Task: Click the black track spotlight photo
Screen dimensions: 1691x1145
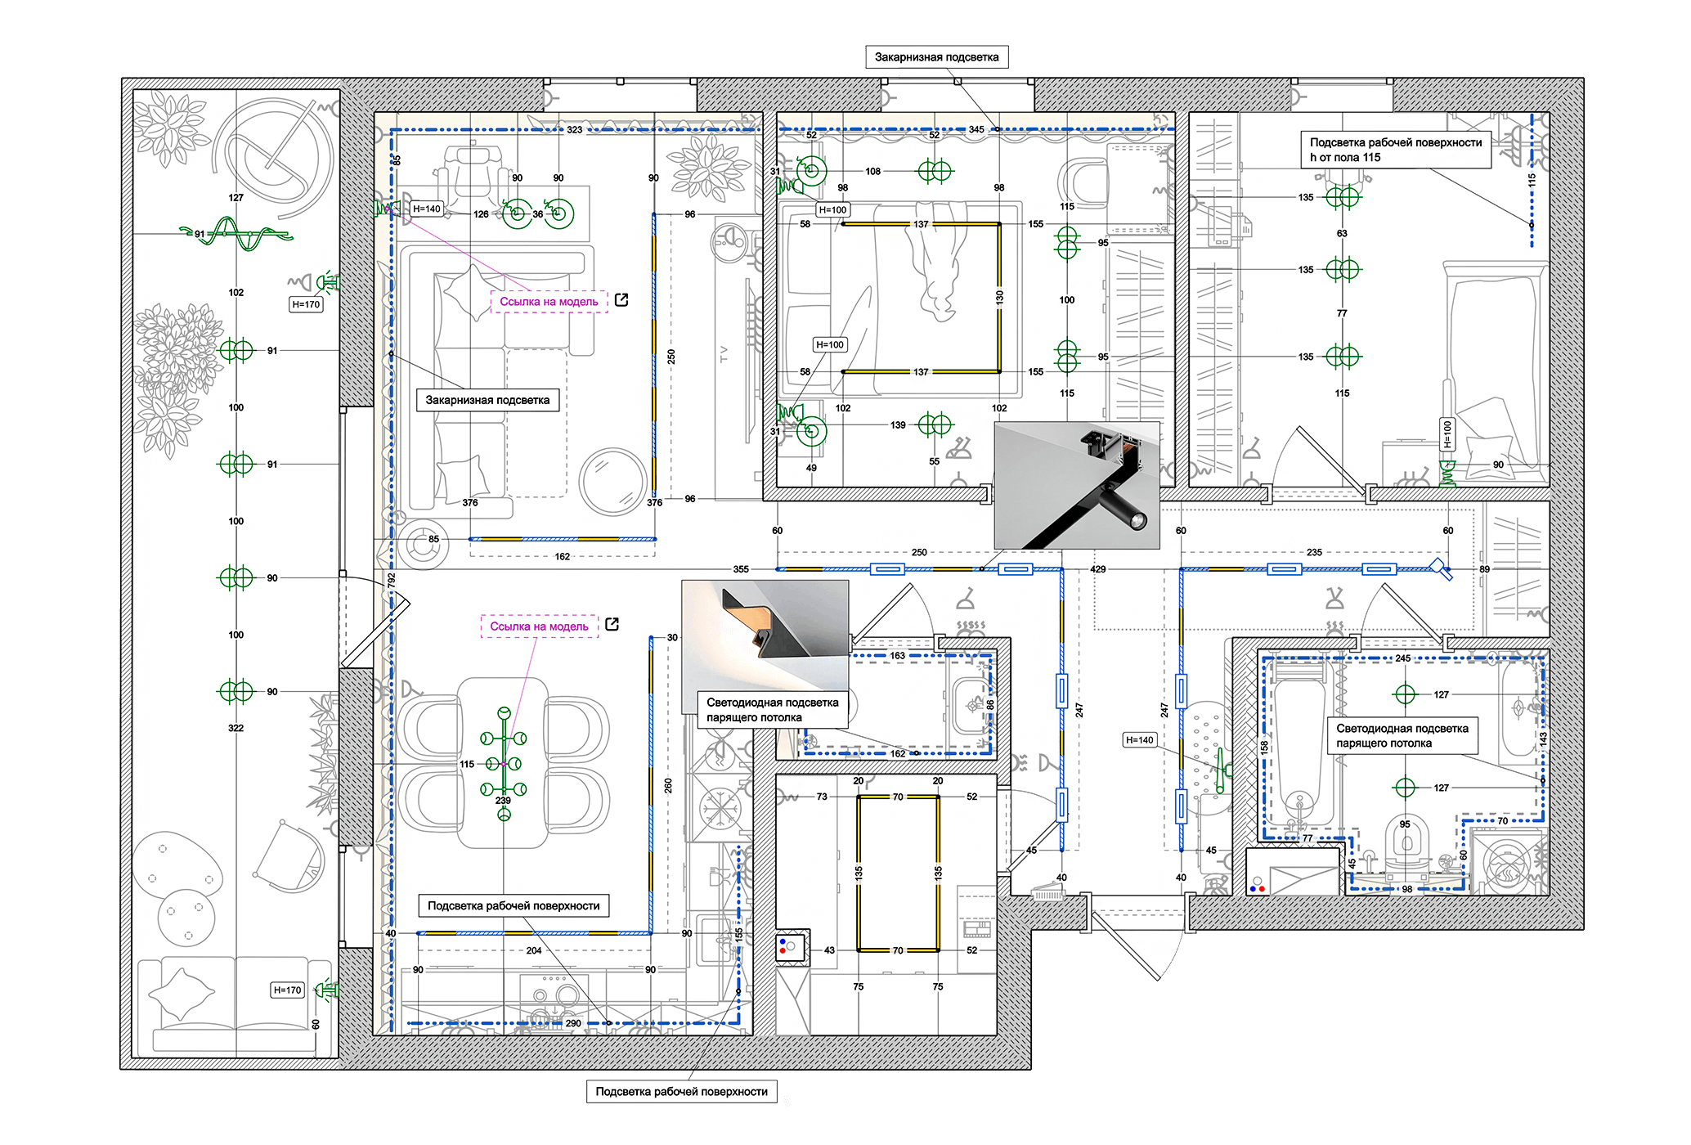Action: [x=1077, y=485]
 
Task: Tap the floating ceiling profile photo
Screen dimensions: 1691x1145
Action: [x=765, y=635]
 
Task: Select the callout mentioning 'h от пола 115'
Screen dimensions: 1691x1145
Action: [x=1396, y=150]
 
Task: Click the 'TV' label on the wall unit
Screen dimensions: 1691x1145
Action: [x=724, y=354]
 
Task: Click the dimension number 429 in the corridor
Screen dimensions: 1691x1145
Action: [x=1098, y=569]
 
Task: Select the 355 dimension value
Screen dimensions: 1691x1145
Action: [x=741, y=569]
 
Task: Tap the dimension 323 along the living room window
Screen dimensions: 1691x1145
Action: [x=575, y=130]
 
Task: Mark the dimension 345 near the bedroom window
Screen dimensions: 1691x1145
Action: [x=976, y=129]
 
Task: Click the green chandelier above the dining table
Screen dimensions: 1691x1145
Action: [x=504, y=764]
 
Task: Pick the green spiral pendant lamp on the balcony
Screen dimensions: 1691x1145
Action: [x=237, y=235]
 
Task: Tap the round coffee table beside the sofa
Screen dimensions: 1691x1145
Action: [x=613, y=481]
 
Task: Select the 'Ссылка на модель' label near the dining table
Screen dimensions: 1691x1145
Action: [x=540, y=626]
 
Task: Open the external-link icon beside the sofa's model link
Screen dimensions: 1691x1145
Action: [x=621, y=300]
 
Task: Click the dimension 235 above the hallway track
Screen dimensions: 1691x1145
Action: [x=1314, y=553]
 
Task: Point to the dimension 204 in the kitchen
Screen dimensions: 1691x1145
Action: [x=534, y=950]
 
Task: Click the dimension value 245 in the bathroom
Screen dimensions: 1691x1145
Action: [x=1403, y=658]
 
